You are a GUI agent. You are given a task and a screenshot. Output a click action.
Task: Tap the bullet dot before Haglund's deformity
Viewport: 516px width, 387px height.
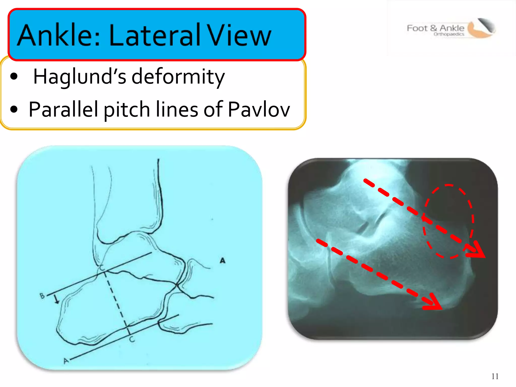[14, 77]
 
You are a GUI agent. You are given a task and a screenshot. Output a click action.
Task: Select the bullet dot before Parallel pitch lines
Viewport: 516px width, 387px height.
[14, 109]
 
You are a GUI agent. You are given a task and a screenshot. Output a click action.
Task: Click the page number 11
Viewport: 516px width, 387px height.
[495, 376]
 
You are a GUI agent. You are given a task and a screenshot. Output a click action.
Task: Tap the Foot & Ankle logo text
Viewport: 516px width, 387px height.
[435, 28]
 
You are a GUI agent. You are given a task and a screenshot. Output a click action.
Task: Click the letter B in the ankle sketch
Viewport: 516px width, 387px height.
[42, 296]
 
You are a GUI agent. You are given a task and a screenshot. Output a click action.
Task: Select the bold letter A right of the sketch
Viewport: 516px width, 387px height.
[222, 260]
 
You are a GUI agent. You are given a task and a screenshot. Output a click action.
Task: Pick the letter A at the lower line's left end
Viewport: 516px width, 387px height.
[66, 361]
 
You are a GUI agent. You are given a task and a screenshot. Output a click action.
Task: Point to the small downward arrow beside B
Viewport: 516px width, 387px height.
[56, 300]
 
